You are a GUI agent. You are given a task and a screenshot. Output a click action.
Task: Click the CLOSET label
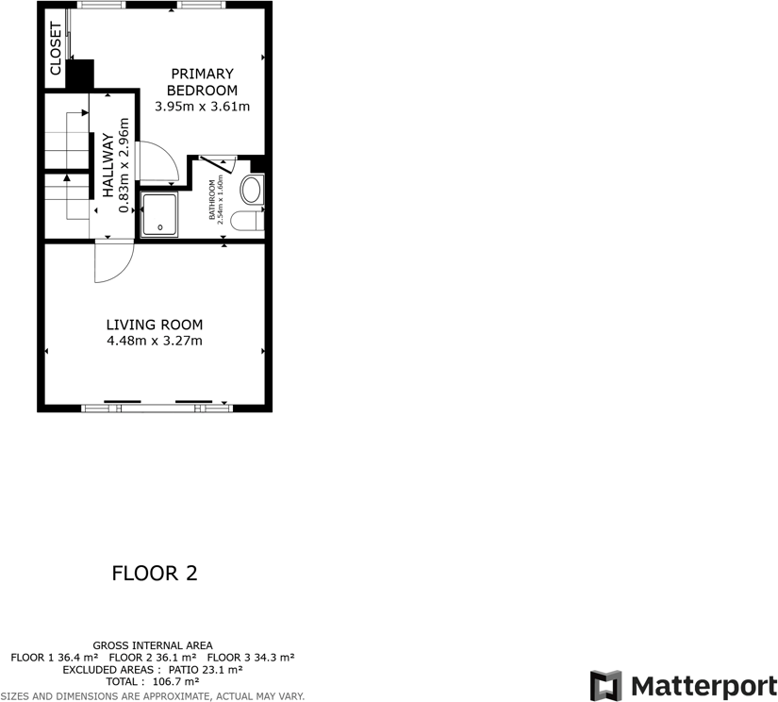[56, 48]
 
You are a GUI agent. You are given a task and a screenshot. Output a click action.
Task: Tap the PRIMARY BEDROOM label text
[202, 82]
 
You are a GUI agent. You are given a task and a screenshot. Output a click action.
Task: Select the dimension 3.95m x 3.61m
[202, 107]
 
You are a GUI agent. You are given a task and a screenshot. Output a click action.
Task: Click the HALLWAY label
[108, 166]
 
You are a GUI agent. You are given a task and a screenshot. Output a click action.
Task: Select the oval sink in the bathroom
[252, 191]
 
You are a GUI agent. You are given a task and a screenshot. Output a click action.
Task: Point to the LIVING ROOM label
[154, 325]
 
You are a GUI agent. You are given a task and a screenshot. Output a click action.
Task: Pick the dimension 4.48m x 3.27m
[154, 341]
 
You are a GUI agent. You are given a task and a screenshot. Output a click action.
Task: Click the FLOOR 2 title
[155, 573]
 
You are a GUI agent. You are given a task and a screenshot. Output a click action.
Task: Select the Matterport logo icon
[605, 685]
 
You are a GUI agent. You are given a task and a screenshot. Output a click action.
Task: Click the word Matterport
[704, 685]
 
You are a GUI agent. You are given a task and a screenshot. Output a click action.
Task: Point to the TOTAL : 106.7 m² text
[152, 680]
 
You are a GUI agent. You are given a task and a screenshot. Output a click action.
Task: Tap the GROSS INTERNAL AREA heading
[153, 644]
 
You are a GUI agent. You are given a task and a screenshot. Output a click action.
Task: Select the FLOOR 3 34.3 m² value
[251, 657]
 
